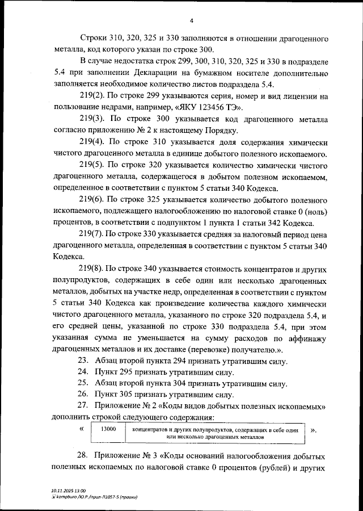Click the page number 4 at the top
tap(192, 21)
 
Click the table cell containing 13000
tap(108, 430)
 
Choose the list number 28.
tap(83, 457)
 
